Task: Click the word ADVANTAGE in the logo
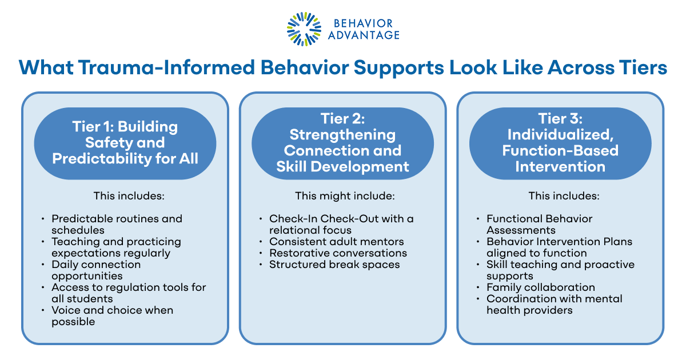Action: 364,35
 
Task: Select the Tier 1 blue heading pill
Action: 125,142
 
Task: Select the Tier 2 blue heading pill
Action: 342,142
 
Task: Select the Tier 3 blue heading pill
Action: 560,142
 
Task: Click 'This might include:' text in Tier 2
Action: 344,196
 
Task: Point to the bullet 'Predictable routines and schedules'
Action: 117,224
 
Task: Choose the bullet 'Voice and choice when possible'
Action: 112,315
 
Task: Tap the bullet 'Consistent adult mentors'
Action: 337,242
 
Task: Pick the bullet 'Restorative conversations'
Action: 338,253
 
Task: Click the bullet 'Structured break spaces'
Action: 334,265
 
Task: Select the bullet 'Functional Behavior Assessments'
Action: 539,224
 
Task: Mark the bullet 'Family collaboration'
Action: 540,287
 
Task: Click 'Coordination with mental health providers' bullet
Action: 554,304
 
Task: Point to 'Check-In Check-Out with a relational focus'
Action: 341,224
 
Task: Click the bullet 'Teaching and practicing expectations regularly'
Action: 116,247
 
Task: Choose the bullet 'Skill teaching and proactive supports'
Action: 560,270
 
